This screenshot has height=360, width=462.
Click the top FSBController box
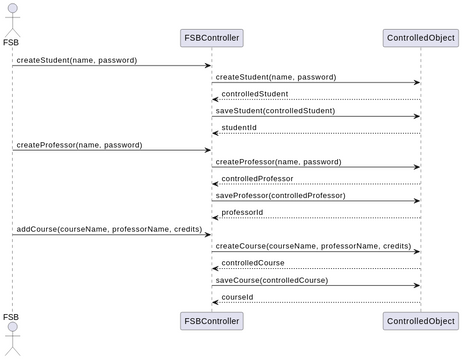coord(211,38)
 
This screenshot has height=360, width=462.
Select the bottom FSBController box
coord(211,320)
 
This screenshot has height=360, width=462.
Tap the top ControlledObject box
coord(420,38)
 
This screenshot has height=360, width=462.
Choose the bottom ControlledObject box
coord(420,320)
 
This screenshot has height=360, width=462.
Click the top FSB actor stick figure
coord(11,18)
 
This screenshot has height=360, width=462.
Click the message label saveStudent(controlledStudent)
coord(275,110)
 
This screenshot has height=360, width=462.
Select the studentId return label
coord(239,127)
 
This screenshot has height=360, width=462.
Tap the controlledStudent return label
coord(255,93)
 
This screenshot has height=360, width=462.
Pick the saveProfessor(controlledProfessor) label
coord(281,195)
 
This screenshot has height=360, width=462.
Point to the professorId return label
coord(242,212)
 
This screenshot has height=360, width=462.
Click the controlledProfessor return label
coord(258,178)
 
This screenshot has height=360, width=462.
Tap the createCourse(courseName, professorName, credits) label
coord(313,246)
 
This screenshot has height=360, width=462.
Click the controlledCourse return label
coord(253,263)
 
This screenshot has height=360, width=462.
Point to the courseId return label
coord(237,297)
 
